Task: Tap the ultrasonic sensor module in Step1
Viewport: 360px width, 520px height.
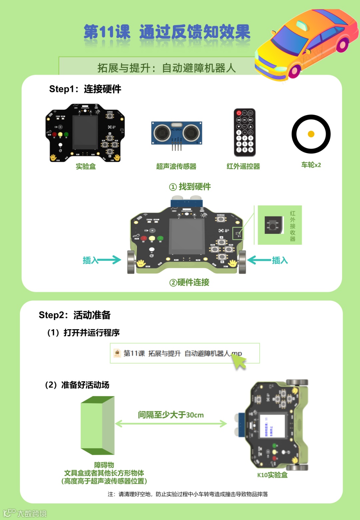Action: coord(177,133)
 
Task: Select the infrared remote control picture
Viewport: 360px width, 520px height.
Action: coord(245,132)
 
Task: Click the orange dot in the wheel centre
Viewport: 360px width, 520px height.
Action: coord(311,134)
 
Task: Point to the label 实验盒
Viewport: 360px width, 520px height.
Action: coord(86,166)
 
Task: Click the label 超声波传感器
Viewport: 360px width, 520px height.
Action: coord(176,166)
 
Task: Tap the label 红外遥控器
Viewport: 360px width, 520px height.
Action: coord(243,166)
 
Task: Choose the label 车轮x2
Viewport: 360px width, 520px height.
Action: coord(311,165)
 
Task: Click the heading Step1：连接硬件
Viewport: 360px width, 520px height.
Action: coord(85,89)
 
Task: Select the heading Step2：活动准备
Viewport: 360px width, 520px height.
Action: coord(75,315)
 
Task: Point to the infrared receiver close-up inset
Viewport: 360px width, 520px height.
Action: coord(279,225)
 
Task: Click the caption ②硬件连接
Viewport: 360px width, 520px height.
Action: coord(189,283)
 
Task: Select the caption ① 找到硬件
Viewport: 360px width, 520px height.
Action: coord(190,187)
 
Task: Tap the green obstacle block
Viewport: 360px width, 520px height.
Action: coord(98,425)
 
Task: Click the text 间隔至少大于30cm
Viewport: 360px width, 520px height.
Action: coord(171,415)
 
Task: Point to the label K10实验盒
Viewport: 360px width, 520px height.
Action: coord(272,475)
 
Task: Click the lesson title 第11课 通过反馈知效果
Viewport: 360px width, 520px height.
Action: coord(167,32)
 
